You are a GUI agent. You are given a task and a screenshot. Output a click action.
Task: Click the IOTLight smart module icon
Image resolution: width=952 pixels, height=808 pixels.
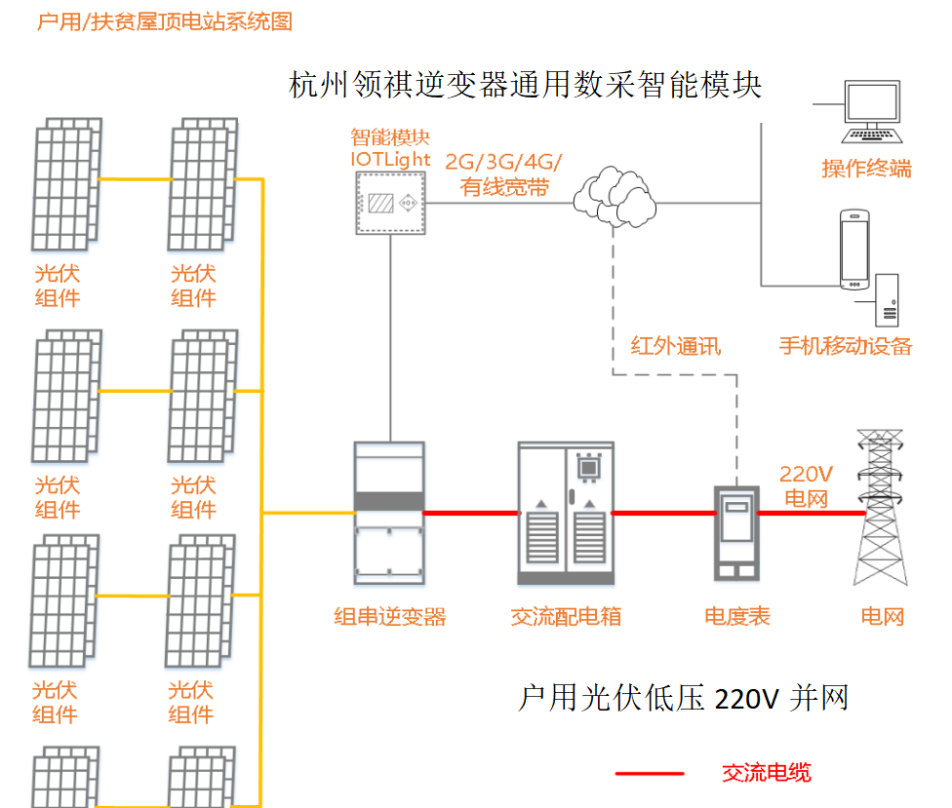(391, 202)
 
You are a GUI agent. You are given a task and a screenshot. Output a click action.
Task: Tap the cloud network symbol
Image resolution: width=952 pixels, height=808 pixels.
(614, 196)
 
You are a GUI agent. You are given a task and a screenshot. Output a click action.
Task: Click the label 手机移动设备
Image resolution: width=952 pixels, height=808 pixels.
(846, 345)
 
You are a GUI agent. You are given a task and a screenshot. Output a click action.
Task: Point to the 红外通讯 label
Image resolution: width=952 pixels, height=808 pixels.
(675, 345)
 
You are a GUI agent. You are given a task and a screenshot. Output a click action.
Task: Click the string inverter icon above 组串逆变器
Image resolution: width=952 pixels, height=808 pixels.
(389, 512)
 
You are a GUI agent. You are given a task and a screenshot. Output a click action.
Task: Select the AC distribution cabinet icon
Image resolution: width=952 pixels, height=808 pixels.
(566, 513)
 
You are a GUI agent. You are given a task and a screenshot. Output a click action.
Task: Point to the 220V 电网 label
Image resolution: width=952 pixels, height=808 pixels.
(806, 486)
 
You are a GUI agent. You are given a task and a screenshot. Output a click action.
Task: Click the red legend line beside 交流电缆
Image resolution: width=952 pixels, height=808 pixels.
(650, 773)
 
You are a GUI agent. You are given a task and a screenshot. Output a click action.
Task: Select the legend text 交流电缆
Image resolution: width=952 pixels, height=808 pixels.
(766, 773)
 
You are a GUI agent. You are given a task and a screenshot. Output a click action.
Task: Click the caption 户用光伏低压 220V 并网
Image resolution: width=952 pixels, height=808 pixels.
(682, 698)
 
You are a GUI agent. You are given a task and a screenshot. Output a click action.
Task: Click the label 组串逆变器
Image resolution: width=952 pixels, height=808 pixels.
(389, 616)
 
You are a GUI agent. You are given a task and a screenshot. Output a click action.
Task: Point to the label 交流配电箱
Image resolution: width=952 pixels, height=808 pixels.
(566, 616)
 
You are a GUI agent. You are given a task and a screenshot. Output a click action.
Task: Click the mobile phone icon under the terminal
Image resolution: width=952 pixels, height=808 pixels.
(854, 250)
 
